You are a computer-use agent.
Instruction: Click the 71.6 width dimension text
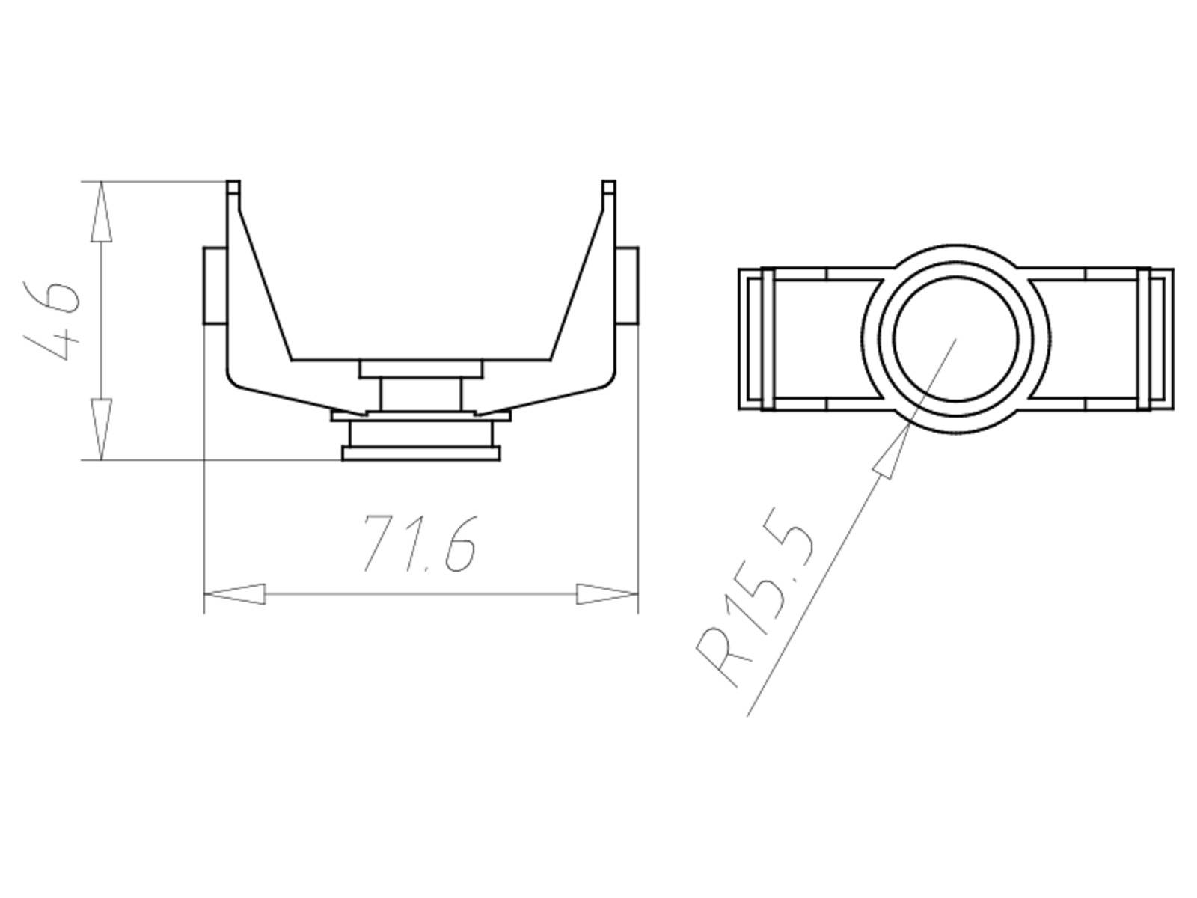coord(419,544)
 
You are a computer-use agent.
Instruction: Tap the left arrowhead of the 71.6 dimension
coord(235,595)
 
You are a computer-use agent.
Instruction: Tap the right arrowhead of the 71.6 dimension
coord(607,595)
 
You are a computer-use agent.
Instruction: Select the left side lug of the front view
coord(215,287)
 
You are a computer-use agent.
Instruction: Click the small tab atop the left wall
coord(233,187)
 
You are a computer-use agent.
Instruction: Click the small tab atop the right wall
coord(609,187)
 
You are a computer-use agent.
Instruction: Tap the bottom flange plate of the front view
coord(420,453)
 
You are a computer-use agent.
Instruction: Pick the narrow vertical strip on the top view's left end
coord(767,339)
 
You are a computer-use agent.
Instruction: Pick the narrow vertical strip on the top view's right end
coord(1143,339)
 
